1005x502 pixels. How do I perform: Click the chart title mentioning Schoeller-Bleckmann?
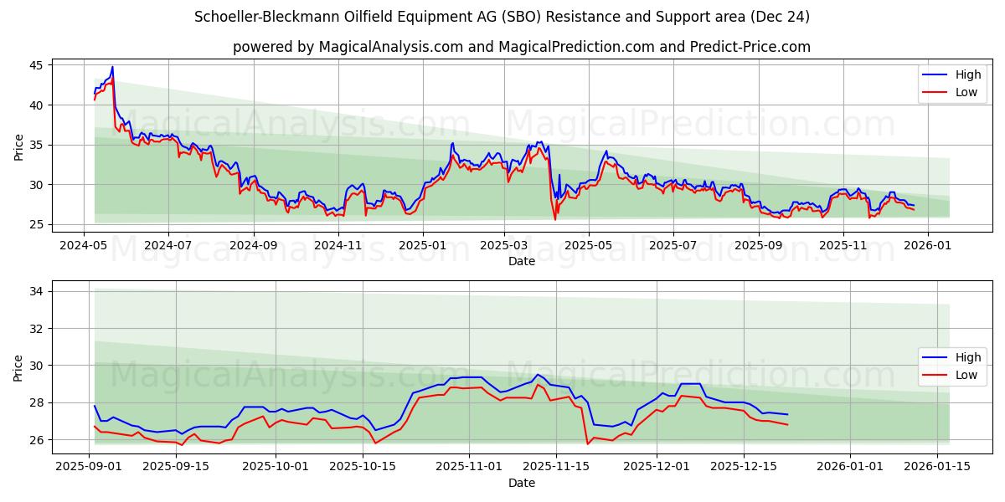(x=502, y=17)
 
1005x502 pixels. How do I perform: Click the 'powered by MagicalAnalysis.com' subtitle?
(x=521, y=47)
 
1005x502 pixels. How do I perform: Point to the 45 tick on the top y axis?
(x=37, y=65)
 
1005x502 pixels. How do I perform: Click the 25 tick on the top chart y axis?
(x=37, y=224)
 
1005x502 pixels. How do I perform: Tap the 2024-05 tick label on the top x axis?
(x=83, y=245)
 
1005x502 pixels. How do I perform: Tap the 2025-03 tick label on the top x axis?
(x=504, y=245)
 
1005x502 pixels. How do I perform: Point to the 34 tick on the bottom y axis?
(x=37, y=291)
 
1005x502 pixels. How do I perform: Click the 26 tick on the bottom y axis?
(x=37, y=440)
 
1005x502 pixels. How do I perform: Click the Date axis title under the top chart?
(x=521, y=261)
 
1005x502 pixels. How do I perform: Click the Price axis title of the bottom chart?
(x=18, y=367)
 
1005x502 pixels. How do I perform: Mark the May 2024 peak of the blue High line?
(x=112, y=67)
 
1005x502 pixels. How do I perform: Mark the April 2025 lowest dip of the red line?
(x=554, y=219)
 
